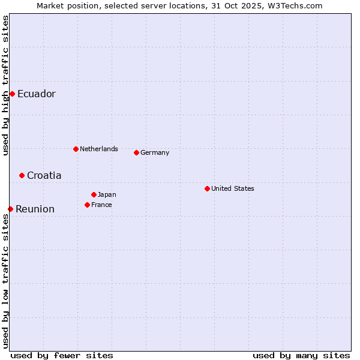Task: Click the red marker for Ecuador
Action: pyautogui.click(x=12, y=94)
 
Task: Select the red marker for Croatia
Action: pyautogui.click(x=22, y=175)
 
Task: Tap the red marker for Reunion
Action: pyautogui.click(x=10, y=209)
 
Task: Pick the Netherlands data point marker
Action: pyautogui.click(x=76, y=149)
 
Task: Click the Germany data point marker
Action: pyautogui.click(x=136, y=152)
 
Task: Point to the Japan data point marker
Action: pyautogui.click(x=94, y=194)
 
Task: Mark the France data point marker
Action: pyautogui.click(x=87, y=205)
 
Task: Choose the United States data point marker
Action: pyautogui.click(x=207, y=188)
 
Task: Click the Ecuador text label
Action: pyautogui.click(x=36, y=94)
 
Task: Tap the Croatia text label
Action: pyautogui.click(x=44, y=175)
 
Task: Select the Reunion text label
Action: pyautogui.click(x=35, y=209)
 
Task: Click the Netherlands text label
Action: pyautogui.click(x=98, y=149)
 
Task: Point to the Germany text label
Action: pyautogui.click(x=155, y=152)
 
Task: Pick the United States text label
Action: pyautogui.click(x=232, y=188)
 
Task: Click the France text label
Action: pyautogui.click(x=101, y=205)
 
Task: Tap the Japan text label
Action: pyautogui.click(x=107, y=194)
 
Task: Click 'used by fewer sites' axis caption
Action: pyautogui.click(x=62, y=355)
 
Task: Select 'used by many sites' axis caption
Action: pyautogui.click(x=301, y=355)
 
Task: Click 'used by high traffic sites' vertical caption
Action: pyautogui.click(x=5, y=85)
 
